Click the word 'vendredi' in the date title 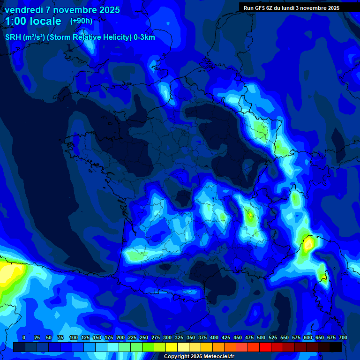point(23,10)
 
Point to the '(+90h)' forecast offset point(81,21)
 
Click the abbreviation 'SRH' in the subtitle point(13,37)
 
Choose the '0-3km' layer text point(144,37)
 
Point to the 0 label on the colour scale point(24,337)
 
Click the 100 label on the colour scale point(74,337)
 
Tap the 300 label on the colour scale point(167,337)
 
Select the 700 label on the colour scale point(343,337)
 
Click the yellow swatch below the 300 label point(172,347)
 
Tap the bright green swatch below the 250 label point(148,347)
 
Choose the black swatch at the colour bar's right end point(336,347)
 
